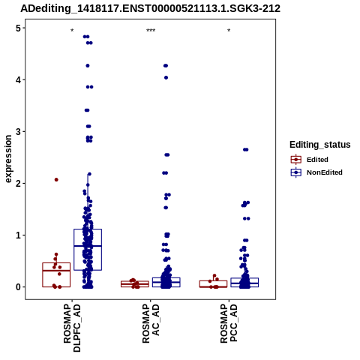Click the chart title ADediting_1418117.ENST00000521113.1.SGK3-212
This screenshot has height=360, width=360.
coord(150,8)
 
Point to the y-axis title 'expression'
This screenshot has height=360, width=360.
coord(8,159)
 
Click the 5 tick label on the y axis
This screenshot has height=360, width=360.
coord(18,28)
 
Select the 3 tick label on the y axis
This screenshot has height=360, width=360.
coord(18,132)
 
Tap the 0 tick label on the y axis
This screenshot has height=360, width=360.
coord(18,287)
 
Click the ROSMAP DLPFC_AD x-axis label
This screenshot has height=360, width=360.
coord(72,328)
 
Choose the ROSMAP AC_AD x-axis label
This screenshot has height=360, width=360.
coord(151,323)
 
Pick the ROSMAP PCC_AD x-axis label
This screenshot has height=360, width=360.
coord(229,323)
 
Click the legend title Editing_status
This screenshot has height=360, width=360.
coord(320,145)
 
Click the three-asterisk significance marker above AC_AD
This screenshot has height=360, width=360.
coord(151,31)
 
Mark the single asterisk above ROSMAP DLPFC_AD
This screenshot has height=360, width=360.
coord(72,31)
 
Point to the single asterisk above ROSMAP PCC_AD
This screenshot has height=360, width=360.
coord(229,31)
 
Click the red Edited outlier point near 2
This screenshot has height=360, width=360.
coord(56,180)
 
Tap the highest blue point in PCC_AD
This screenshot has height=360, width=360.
coord(246,150)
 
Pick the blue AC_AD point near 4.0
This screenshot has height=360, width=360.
coord(166,78)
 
